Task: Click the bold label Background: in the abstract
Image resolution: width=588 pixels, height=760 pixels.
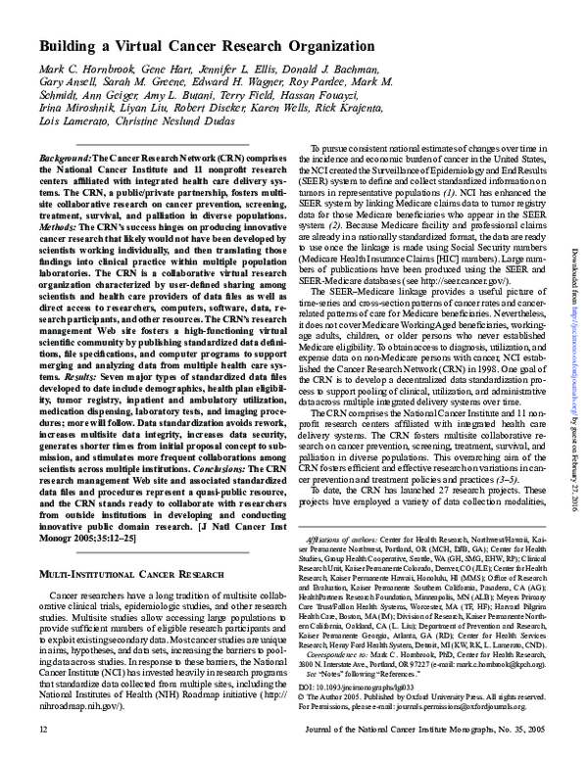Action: pyautogui.click(x=65, y=158)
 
